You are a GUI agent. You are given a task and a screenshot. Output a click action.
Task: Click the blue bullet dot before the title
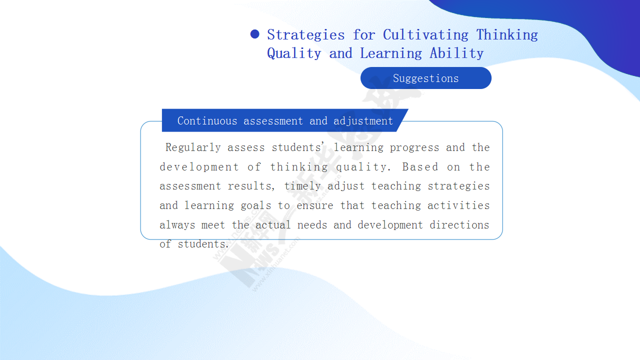pyautogui.click(x=254, y=34)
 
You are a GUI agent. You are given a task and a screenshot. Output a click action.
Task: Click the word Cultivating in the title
pyautogui.click(x=425, y=35)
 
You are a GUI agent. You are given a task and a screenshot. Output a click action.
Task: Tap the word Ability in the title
pyautogui.click(x=456, y=53)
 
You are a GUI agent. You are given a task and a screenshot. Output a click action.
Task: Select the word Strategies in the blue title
pyautogui.click(x=306, y=35)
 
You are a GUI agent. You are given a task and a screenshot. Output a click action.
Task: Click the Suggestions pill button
pyautogui.click(x=425, y=78)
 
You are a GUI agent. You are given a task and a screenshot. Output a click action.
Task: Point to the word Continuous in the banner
pyautogui.click(x=207, y=121)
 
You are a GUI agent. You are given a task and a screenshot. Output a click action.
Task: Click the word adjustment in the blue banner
pyautogui.click(x=363, y=121)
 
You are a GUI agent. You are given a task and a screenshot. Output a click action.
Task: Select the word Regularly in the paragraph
pyautogui.click(x=193, y=147)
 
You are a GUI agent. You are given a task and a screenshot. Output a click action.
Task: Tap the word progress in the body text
pyautogui.click(x=414, y=148)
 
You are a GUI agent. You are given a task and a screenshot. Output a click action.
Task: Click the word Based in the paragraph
pyautogui.click(x=420, y=167)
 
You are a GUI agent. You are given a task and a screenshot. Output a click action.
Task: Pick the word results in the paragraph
pyautogui.click(x=251, y=186)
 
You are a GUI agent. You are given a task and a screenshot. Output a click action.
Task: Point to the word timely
pyautogui.click(x=302, y=186)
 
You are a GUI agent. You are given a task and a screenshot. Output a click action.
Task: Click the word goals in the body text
pyautogui.click(x=255, y=205)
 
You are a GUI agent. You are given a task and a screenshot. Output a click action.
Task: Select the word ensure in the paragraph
pyautogui.click(x=315, y=206)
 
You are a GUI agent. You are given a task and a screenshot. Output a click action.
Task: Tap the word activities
pyautogui.click(x=458, y=205)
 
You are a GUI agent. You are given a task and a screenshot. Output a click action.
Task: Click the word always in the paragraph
pyautogui.click(x=177, y=225)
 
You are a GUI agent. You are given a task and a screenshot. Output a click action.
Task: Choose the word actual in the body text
pyautogui.click(x=273, y=225)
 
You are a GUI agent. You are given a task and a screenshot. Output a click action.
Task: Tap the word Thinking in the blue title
pyautogui.click(x=507, y=35)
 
